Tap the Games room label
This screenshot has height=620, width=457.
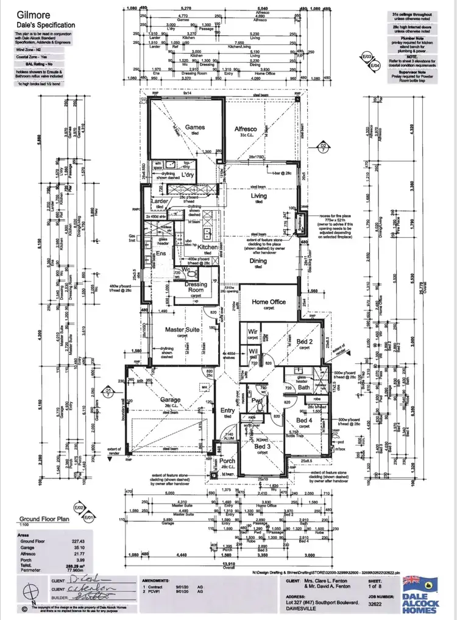(194, 127)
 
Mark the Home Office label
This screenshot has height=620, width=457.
(269, 302)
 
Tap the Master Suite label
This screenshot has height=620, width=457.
(182, 330)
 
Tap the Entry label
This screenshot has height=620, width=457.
(227, 410)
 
